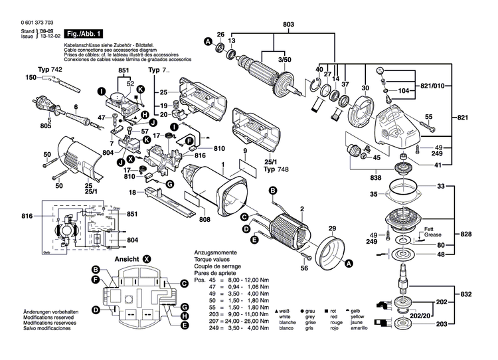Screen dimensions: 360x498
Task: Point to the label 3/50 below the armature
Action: tap(284, 60)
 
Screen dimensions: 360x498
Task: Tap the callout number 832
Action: tap(467, 293)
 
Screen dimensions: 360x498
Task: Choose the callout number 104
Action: tap(405, 90)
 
